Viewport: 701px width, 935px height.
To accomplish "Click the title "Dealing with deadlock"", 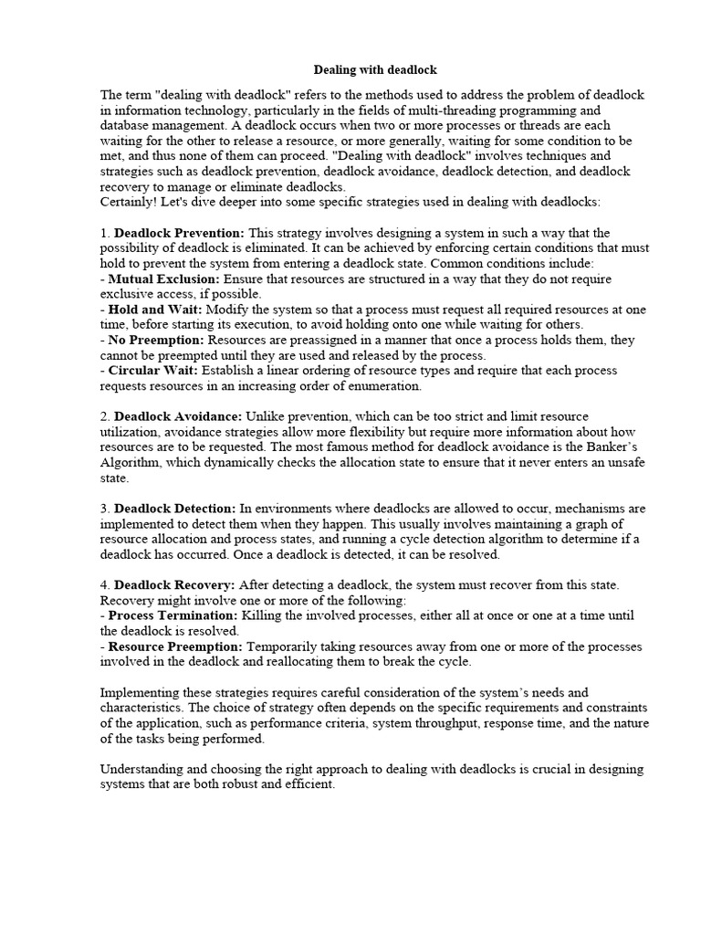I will coord(375,69).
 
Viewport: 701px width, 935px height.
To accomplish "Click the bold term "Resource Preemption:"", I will coord(173,646).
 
